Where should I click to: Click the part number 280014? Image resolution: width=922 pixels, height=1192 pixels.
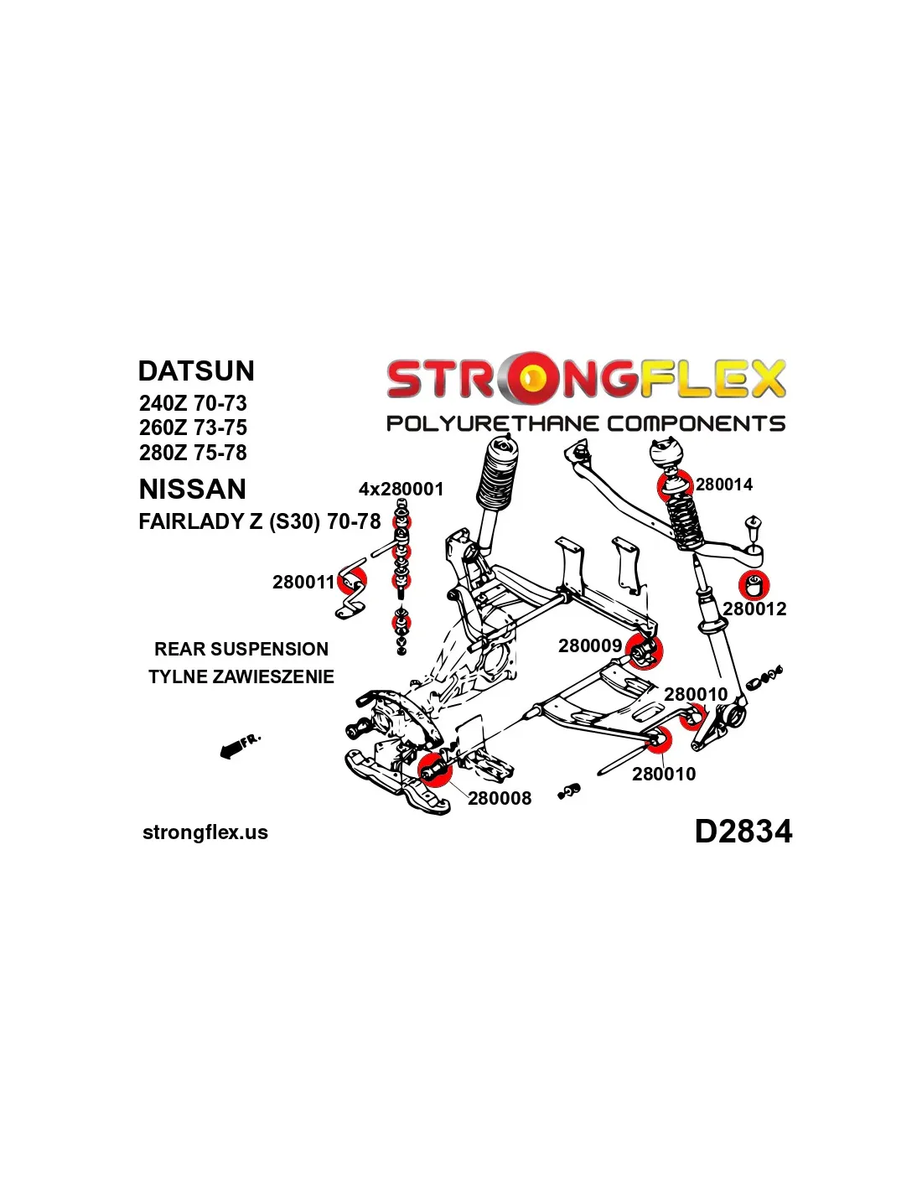(723, 485)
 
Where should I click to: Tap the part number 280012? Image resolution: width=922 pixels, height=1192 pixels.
(754, 609)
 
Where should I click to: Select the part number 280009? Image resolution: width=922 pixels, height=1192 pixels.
(590, 646)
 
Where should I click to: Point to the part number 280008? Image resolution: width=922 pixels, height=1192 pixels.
(500, 799)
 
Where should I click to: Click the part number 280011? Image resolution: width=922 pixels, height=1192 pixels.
(303, 583)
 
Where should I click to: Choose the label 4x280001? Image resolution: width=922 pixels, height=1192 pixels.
(401, 490)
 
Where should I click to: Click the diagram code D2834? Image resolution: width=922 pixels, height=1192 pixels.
(743, 832)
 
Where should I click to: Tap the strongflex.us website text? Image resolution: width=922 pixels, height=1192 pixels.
(205, 832)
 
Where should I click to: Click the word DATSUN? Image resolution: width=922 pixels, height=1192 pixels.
(196, 371)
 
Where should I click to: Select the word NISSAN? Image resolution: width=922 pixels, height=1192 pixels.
(193, 490)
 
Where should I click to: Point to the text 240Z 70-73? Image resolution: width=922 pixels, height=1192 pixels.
(193, 403)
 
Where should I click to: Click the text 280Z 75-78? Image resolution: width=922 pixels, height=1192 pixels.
(193, 453)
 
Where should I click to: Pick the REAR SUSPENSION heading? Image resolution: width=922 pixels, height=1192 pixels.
(241, 649)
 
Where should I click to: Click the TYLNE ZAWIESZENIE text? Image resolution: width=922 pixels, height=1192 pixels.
(241, 676)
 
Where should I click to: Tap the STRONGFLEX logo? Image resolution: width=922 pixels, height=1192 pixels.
(585, 379)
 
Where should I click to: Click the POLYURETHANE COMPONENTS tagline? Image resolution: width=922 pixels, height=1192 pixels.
(585, 423)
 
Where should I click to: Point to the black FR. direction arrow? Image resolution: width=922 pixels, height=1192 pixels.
(238, 746)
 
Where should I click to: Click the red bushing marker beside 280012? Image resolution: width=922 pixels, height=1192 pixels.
(755, 583)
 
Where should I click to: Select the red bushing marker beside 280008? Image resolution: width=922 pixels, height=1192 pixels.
(434, 768)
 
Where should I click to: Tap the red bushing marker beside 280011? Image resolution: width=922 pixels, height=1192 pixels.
(354, 579)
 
